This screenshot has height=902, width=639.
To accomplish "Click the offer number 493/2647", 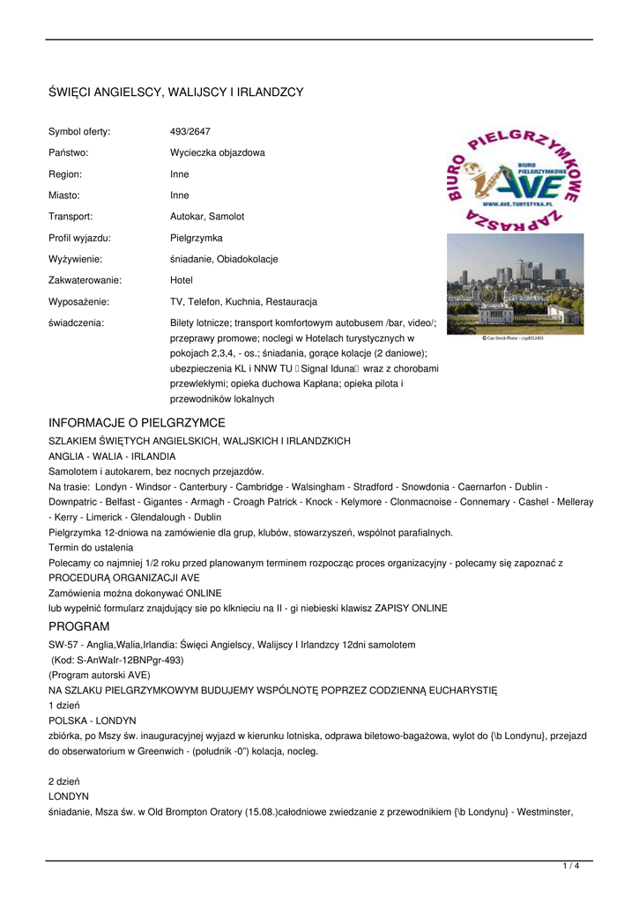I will (189, 131).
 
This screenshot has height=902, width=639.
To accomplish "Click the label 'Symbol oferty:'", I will (79, 131).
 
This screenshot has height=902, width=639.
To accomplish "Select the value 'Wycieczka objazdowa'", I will (217, 152).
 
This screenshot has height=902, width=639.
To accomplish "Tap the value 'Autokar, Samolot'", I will (207, 216).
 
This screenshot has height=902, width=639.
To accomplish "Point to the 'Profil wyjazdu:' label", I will (79, 238).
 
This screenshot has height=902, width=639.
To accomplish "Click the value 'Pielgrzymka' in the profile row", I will (196, 238).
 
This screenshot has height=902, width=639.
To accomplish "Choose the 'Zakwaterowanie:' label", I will (85, 280).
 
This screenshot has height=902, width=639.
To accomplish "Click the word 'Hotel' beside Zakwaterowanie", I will (181, 280).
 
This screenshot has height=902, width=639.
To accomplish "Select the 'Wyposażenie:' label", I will (78, 301).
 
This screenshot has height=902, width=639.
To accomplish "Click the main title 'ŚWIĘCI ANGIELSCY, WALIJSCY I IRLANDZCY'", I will (175, 92).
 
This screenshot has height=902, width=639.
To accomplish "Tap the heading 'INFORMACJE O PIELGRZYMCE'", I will (137, 423).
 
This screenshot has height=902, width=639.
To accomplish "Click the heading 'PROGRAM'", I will (78, 626).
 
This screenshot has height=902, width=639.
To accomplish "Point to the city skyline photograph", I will (515, 283).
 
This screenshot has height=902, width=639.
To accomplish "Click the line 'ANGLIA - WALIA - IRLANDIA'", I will (112, 456).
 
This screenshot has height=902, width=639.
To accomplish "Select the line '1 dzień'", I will (64, 706).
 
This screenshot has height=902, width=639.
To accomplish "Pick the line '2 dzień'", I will (64, 781).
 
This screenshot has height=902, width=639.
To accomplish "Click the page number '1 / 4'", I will (571, 866).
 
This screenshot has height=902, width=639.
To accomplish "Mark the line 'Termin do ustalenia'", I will (90, 547).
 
